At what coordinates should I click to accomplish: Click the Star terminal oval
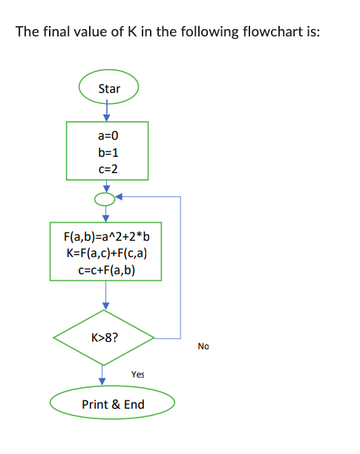point(108,88)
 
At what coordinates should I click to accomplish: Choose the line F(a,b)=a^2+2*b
point(106,238)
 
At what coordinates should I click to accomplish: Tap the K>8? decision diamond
point(104,337)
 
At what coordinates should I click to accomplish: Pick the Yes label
point(137,374)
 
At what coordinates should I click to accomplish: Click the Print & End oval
point(112,404)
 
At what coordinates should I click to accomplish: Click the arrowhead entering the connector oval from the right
point(120,198)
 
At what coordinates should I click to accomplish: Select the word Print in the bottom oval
point(95,404)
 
